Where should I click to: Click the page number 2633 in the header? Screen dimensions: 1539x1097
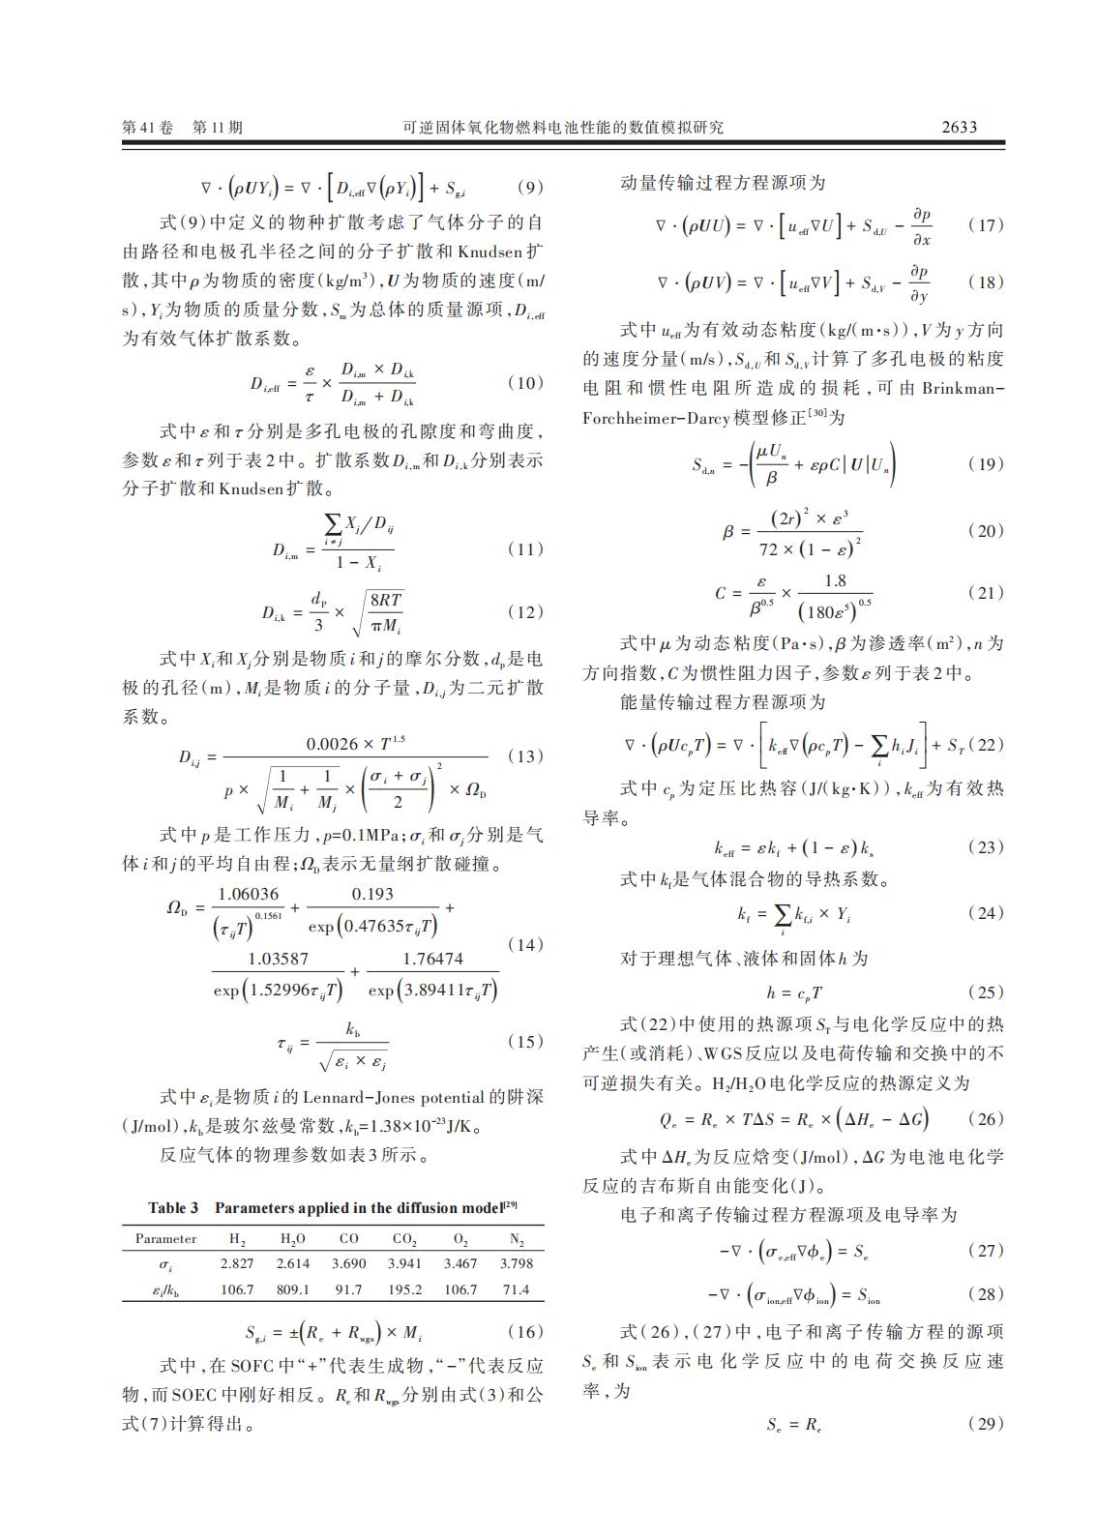click(959, 127)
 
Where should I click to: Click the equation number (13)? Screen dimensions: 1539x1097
click(525, 756)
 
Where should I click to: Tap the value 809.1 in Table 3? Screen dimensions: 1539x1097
click(292, 1289)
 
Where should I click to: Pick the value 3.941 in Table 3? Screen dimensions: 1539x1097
click(404, 1263)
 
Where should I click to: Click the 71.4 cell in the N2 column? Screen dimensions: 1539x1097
click(517, 1289)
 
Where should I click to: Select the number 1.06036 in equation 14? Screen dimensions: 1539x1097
click(248, 894)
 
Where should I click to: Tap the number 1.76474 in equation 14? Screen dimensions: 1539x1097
click(432, 959)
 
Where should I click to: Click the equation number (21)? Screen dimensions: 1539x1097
click(986, 592)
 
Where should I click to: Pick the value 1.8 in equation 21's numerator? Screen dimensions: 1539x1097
click(834, 580)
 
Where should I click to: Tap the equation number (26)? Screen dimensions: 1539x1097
click(986, 1119)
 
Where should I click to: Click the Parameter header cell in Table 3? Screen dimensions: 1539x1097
click(165, 1238)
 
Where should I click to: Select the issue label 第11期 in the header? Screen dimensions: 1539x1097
click(219, 127)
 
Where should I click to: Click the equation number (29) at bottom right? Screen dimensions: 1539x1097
click(986, 1424)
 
